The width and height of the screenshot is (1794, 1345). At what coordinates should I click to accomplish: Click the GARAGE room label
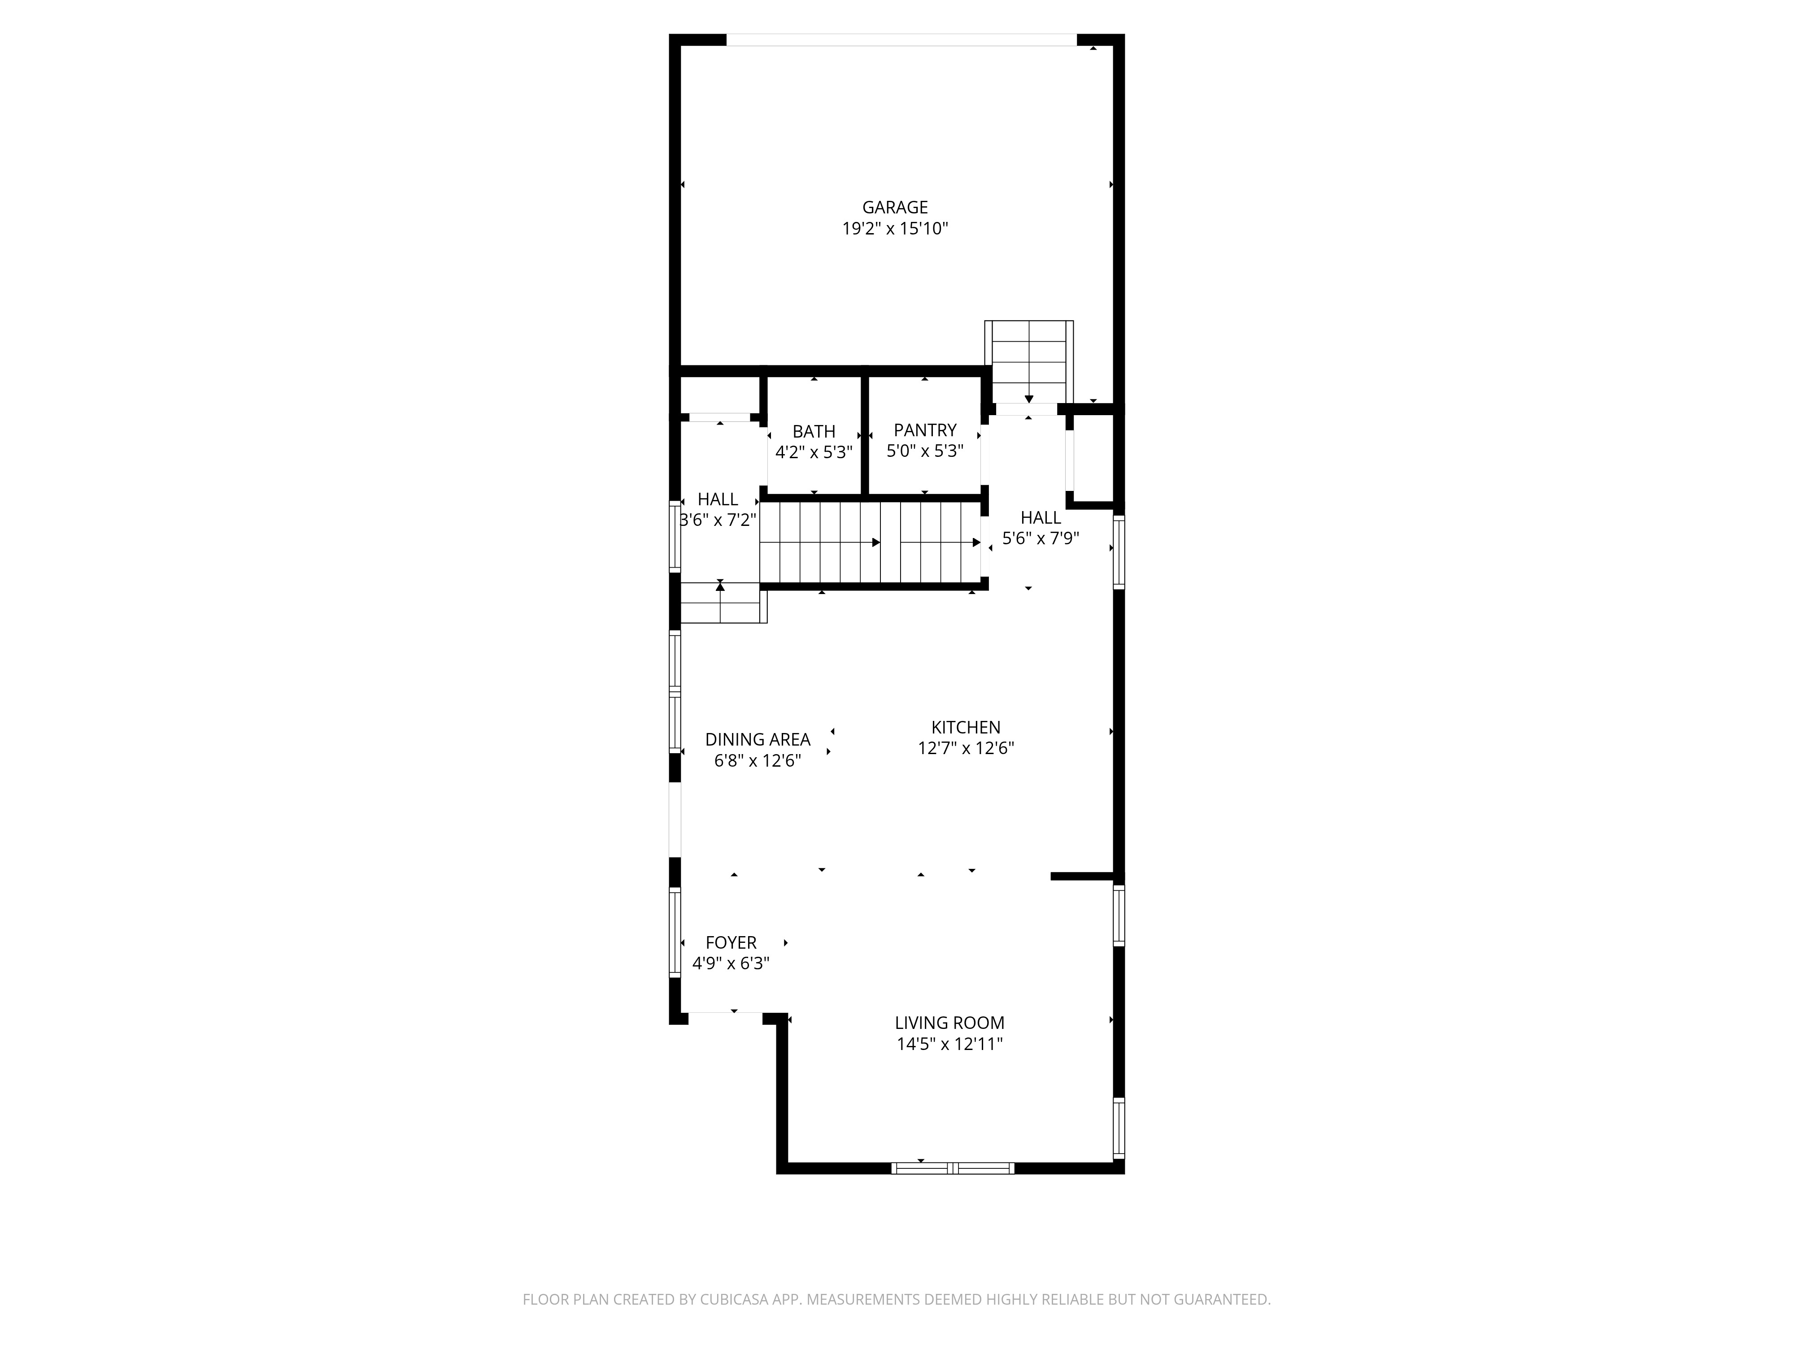pos(895,208)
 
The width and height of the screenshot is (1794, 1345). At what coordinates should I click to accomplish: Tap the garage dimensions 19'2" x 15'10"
pos(895,229)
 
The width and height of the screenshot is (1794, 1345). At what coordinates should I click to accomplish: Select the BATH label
pos(814,431)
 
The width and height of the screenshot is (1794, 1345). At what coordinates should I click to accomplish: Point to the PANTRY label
pos(924,430)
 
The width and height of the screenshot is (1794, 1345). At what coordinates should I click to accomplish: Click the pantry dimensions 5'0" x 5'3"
pos(924,451)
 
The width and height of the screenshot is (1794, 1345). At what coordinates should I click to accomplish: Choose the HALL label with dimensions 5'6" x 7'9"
pos(1041,517)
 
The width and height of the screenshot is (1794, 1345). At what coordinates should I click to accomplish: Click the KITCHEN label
pos(965,727)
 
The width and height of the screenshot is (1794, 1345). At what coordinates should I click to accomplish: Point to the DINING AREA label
pos(757,739)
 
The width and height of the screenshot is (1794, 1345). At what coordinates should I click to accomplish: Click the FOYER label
pos(731,942)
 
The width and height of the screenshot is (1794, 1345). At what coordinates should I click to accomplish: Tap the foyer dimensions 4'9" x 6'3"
pos(731,963)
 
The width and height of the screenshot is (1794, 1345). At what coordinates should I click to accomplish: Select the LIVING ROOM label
pos(949,1023)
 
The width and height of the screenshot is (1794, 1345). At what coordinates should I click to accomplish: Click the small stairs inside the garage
pos(1028,361)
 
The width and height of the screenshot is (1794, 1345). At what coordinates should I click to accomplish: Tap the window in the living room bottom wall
pos(952,1168)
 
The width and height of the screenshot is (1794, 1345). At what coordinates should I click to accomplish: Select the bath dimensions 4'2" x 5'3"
pos(814,452)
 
